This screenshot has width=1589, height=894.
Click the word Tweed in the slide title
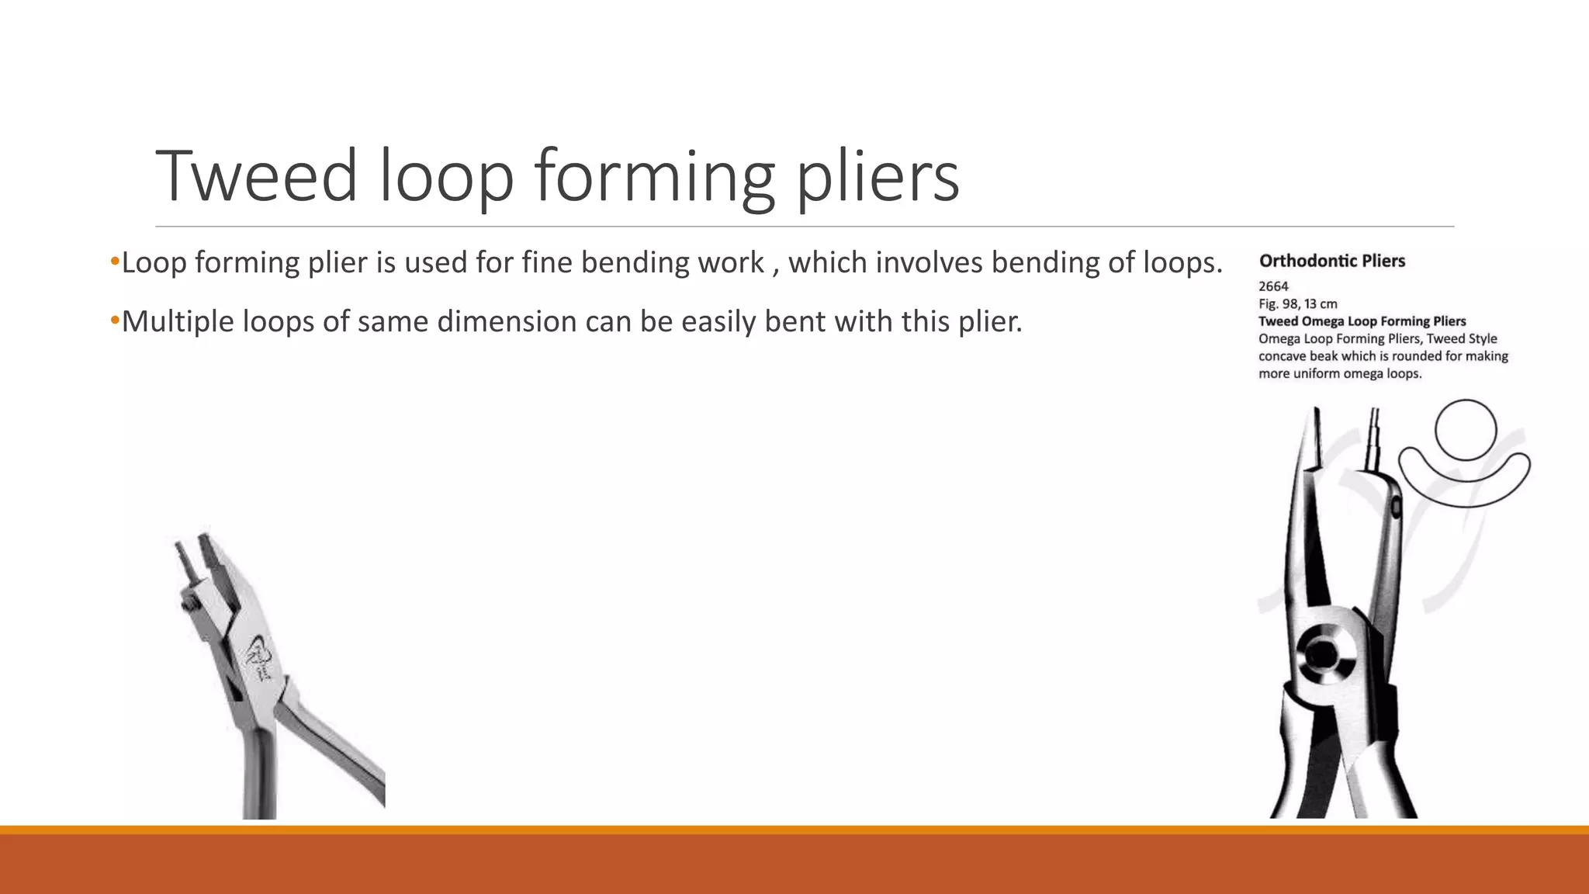pos(256,176)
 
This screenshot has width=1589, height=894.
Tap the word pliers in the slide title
pos(878,176)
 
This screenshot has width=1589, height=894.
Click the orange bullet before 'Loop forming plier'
pos(115,261)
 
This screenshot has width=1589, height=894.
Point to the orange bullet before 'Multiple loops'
pos(115,319)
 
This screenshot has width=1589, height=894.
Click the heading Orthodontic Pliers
pos(1331,261)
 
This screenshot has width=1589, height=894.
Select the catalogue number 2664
pos(1273,286)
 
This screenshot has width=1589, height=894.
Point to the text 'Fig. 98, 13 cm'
pos(1297,303)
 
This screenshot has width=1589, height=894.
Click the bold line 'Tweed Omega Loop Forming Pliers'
pos(1362,321)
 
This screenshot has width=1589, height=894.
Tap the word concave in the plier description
pos(1282,356)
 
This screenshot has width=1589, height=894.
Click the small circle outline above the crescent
pos(1465,430)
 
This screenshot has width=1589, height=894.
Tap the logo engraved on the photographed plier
pos(262,654)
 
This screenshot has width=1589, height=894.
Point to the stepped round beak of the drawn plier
pos(1376,438)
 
